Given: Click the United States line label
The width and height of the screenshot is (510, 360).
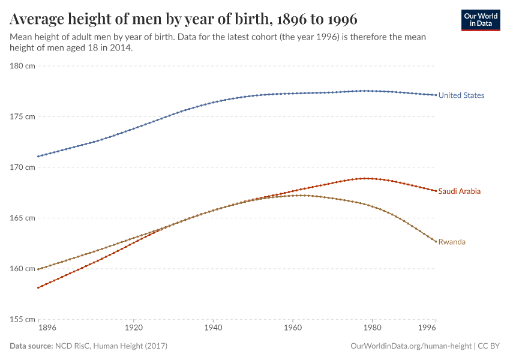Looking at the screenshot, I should pyautogui.click(x=461, y=95).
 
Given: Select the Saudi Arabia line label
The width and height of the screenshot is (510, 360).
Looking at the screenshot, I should pyautogui.click(x=459, y=191).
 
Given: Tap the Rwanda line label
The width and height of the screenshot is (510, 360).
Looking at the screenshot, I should pyautogui.click(x=452, y=242).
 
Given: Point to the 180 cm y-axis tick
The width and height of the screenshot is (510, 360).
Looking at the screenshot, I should pyautogui.click(x=22, y=66).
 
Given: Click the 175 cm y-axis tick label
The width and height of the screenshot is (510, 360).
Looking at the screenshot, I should pyautogui.click(x=22, y=116).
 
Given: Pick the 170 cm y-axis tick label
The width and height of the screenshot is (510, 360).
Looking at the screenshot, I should pyautogui.click(x=22, y=167).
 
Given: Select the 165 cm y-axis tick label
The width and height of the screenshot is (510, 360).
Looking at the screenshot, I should pyautogui.click(x=22, y=218).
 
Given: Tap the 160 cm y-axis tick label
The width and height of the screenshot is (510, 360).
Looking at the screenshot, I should pyautogui.click(x=22, y=268).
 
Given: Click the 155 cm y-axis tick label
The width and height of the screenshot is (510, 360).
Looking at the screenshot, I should pyautogui.click(x=22, y=319).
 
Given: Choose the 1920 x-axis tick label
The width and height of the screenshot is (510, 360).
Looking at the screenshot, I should pyautogui.click(x=133, y=328).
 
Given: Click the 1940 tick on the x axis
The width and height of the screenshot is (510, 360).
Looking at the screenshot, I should pyautogui.click(x=213, y=328).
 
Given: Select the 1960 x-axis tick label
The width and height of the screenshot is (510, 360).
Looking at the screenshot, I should pyautogui.click(x=292, y=328).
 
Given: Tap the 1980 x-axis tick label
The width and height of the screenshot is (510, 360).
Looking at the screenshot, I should pyautogui.click(x=372, y=328).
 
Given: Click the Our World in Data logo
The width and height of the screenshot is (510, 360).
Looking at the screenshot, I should pyautogui.click(x=481, y=20).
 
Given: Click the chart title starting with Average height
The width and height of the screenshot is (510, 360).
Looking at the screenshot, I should pyautogui.click(x=184, y=19).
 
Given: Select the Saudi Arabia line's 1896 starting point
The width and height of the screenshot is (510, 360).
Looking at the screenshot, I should pyautogui.click(x=38, y=287).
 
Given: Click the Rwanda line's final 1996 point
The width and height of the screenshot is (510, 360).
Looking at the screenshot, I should pyautogui.click(x=436, y=241).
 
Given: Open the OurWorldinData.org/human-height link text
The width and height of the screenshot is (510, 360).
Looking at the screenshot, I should pyautogui.click(x=410, y=346).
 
